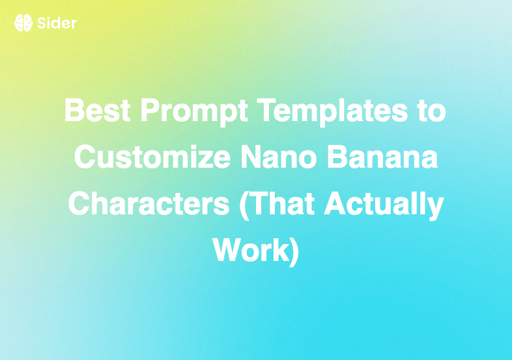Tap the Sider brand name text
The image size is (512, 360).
[57, 23]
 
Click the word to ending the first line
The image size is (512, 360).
[431, 112]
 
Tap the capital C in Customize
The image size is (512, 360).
[84, 158]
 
